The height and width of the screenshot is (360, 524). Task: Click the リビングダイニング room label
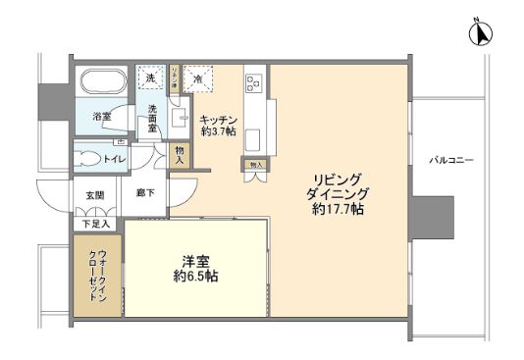pyautogui.click(x=336, y=185)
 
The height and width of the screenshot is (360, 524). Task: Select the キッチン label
pyautogui.click(x=218, y=121)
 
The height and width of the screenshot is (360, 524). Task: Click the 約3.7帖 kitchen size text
pyautogui.click(x=218, y=132)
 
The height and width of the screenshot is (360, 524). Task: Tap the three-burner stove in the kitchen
pyautogui.click(x=254, y=83)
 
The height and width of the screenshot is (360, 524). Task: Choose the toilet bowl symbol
pyautogui.click(x=89, y=158)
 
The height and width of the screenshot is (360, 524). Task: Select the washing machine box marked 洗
pyautogui.click(x=151, y=78)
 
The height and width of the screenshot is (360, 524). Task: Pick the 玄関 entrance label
pyautogui.click(x=94, y=195)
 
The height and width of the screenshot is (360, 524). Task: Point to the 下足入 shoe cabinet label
pyautogui.click(x=96, y=224)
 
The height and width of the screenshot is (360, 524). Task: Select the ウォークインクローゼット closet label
pyautogui.click(x=95, y=278)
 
